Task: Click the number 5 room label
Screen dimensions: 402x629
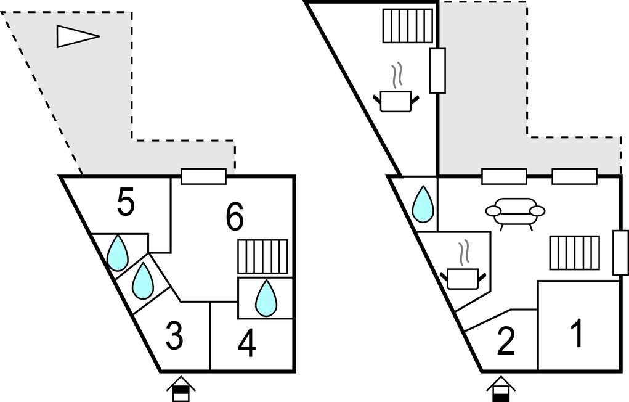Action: point(126,204)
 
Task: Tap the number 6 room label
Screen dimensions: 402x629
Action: point(235,216)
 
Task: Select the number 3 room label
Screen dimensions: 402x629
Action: point(174,337)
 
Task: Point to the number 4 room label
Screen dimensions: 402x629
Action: point(246,345)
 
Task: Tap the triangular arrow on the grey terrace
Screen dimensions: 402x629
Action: point(76,36)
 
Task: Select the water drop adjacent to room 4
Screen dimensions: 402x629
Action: point(266,298)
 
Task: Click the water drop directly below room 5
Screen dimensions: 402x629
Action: point(117,253)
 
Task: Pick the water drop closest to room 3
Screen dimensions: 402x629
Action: point(143,281)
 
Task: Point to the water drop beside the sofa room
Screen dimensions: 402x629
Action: point(423,204)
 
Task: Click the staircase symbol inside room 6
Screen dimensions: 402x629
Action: point(263,257)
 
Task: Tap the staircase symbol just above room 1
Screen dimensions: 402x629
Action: point(574,253)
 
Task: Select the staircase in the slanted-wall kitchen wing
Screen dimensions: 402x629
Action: point(407,25)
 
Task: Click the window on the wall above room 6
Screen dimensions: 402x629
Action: point(204,176)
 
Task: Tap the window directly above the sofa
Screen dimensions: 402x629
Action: point(504,176)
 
